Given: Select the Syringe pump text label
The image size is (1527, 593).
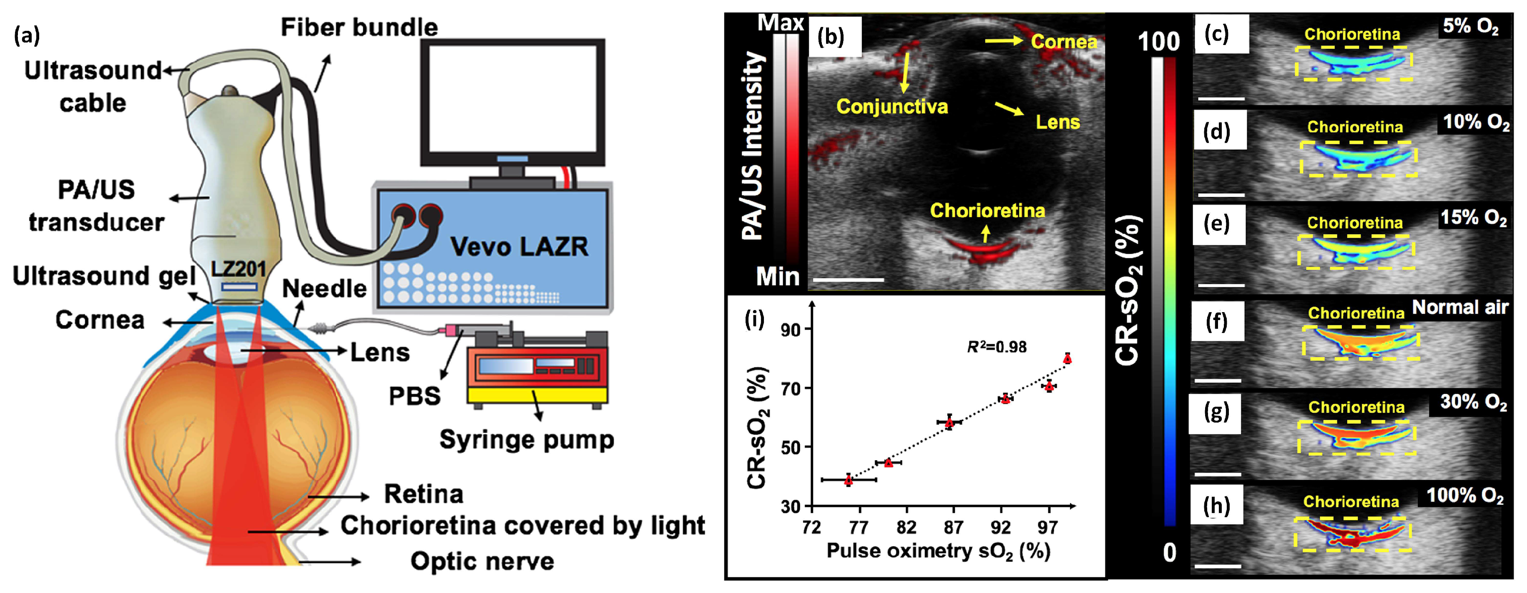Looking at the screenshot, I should (526, 440).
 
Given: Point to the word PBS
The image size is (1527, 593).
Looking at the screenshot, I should (414, 396).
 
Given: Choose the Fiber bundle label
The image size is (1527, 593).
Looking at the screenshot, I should (359, 27).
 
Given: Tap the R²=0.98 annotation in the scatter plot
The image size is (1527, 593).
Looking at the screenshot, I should (997, 347).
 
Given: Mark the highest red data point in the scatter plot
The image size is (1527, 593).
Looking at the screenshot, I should (1067, 358).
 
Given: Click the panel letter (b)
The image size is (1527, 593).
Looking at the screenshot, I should (831, 37).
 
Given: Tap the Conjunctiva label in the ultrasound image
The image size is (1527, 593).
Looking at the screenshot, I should (892, 107).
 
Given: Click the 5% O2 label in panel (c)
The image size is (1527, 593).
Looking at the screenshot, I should (1471, 27).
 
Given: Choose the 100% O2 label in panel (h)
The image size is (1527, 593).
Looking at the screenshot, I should (1465, 496).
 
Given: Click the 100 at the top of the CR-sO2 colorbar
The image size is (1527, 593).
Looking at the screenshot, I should (1158, 42).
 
